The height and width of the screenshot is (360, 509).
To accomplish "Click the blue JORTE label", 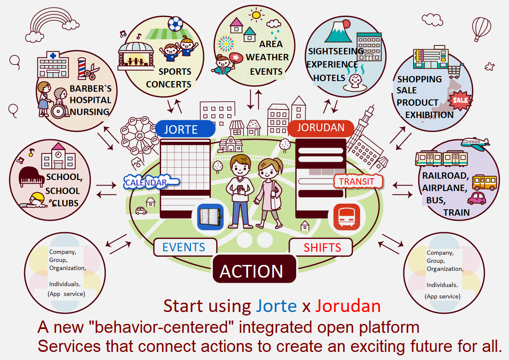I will coord(185,129).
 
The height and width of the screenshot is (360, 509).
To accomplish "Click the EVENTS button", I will coord(184,247).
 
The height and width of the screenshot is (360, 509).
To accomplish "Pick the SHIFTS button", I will coord(322,247).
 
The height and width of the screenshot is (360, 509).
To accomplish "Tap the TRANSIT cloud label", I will coord(358,182).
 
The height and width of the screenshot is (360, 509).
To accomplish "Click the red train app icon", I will coord(346,217).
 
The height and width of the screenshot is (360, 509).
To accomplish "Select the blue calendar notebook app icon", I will coord(210,217).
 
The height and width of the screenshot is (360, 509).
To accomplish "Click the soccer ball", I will coord(175,24).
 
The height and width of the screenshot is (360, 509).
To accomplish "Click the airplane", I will coord(475,143).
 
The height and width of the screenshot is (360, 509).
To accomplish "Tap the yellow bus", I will coord(484,182).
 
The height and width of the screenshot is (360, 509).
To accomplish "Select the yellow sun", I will coord(256,16).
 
